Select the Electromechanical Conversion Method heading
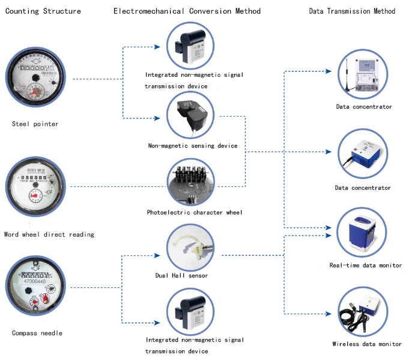point(187,11)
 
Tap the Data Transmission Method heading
point(352,11)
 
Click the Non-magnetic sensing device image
point(192,116)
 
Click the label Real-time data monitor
point(365,265)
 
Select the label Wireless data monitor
point(366,344)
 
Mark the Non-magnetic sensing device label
point(192,145)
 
